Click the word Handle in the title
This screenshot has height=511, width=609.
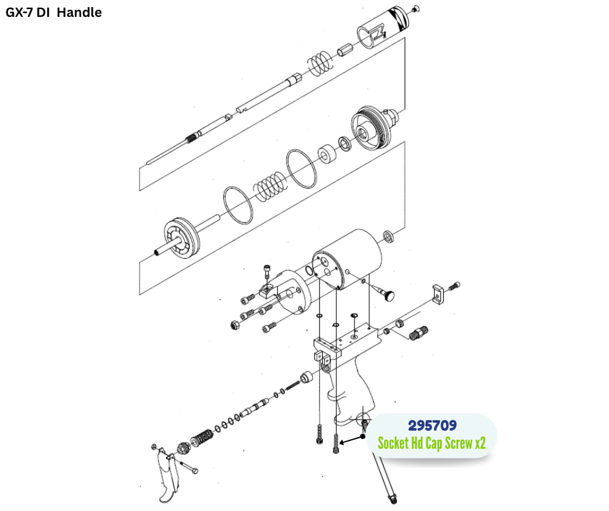79,12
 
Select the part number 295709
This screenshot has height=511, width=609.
432,426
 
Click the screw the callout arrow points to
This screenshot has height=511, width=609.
336,444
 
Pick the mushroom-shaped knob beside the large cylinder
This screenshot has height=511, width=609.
389,295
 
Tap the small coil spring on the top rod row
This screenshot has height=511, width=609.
318,64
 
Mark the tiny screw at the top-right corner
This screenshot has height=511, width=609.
416,8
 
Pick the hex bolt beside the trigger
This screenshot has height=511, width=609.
188,468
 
